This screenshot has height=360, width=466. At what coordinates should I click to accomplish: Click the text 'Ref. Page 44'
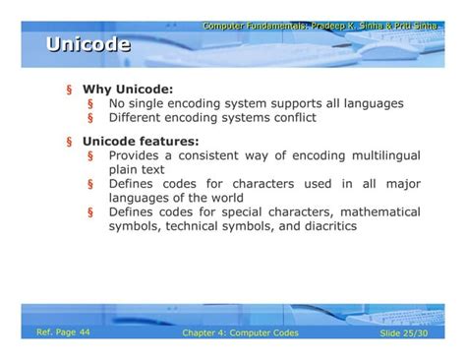point(62,332)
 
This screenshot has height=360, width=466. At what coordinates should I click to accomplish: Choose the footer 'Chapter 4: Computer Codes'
point(240,333)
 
